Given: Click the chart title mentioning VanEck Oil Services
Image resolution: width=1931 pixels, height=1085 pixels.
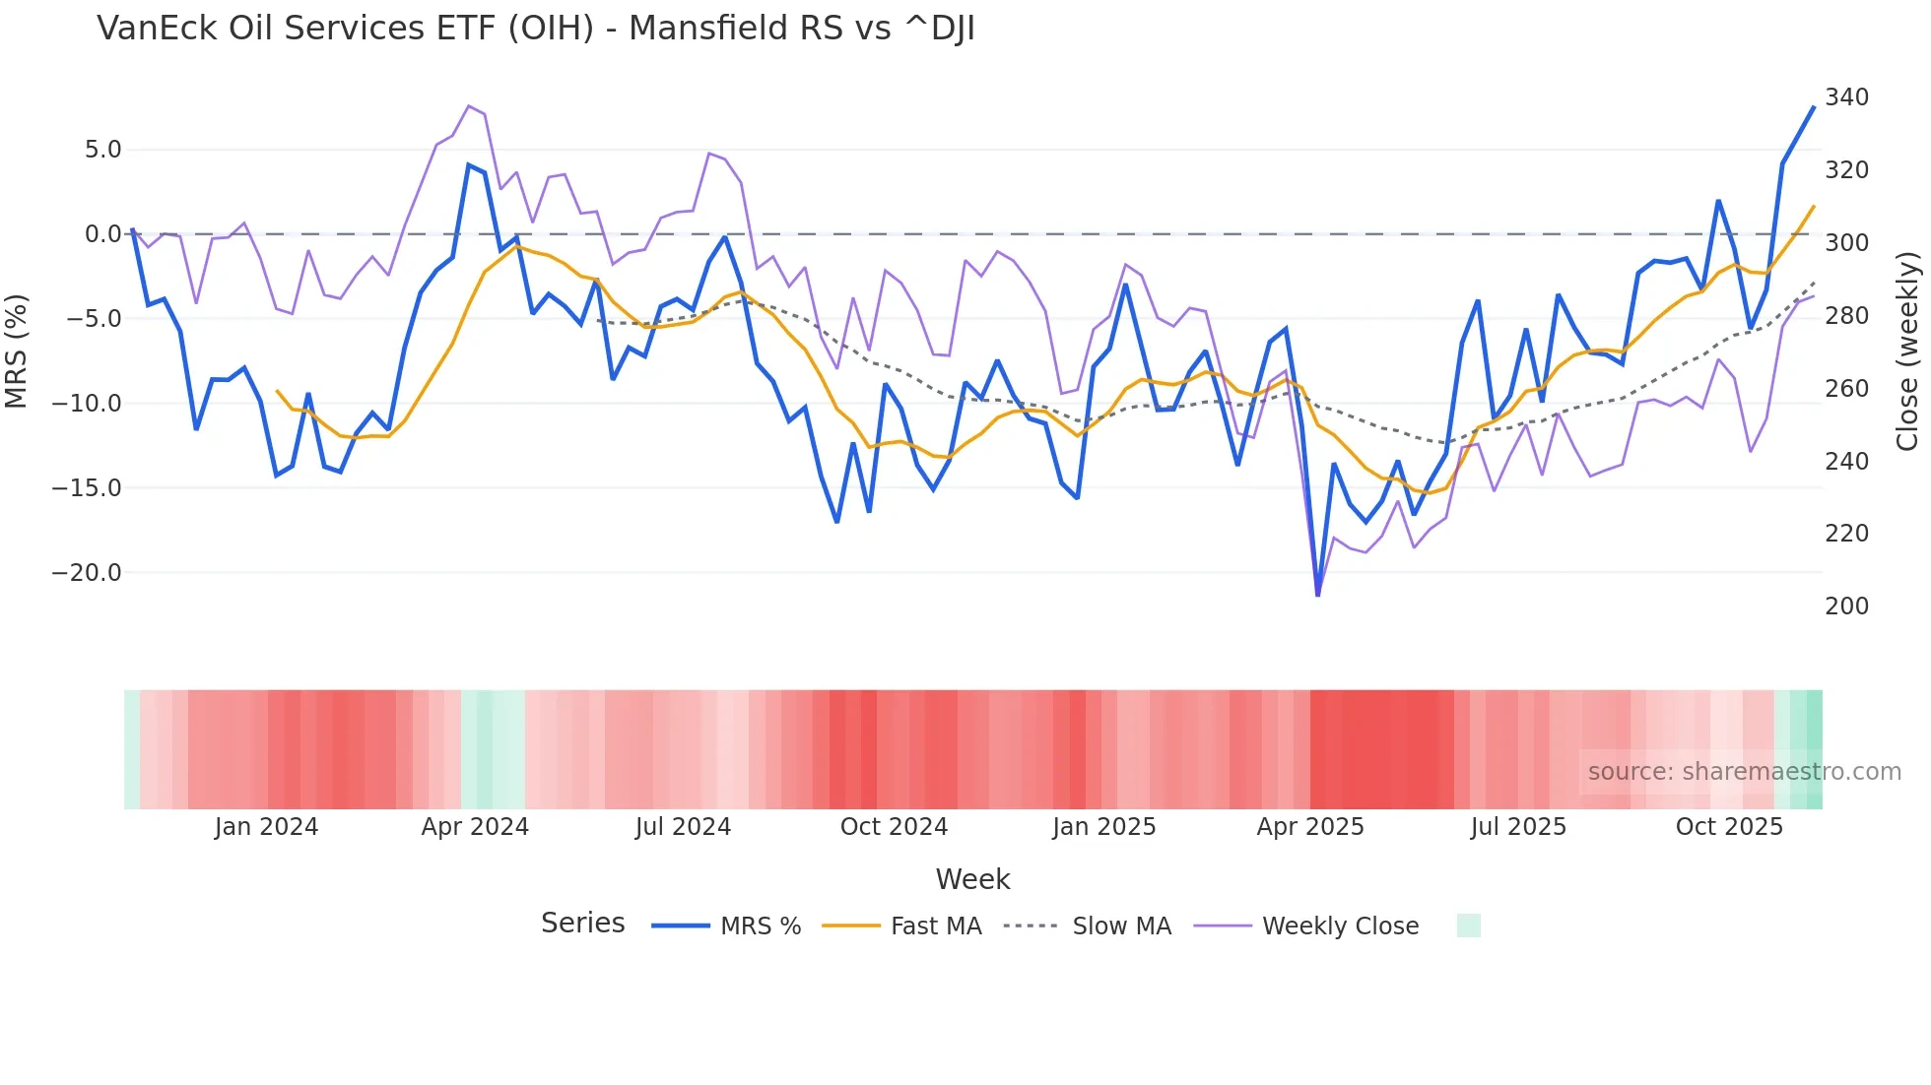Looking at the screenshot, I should tap(536, 29).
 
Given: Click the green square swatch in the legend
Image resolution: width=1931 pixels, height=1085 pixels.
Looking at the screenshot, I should tap(1468, 925).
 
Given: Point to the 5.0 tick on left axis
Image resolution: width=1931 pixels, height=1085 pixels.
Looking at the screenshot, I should tap(102, 150).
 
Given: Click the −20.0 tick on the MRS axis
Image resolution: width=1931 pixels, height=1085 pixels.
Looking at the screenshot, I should tap(87, 573).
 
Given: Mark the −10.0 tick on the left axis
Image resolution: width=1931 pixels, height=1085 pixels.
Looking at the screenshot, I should tap(87, 404).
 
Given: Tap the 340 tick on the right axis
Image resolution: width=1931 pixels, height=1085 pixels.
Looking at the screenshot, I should tap(1846, 97).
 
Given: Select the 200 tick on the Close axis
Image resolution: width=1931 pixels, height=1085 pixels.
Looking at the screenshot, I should tap(1846, 606).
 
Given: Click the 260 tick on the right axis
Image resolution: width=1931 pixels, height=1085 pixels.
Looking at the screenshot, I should tap(1846, 389).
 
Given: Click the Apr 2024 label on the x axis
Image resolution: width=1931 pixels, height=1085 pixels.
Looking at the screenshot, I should tap(475, 827).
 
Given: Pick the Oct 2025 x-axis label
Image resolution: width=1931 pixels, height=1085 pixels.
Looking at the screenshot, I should tap(1729, 827).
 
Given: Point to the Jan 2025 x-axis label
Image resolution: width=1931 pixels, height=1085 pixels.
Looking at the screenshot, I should tap(1103, 827).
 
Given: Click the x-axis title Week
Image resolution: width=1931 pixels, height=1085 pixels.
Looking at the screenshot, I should tap(972, 879).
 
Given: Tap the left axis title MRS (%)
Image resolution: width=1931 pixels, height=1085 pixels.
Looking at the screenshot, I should tap(17, 351).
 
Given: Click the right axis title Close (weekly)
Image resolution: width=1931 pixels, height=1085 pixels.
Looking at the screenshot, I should tap(1907, 351).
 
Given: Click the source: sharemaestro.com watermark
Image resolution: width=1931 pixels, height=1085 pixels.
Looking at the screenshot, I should tap(1744, 772).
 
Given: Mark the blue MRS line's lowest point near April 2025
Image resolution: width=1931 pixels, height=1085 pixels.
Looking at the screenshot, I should tap(1318, 595).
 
